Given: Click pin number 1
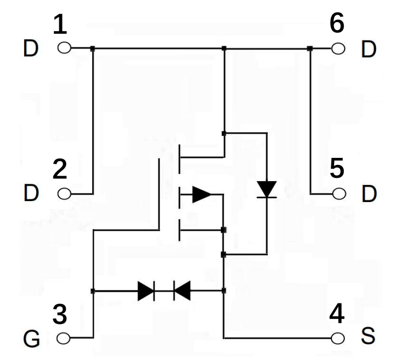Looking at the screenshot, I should tap(60, 25).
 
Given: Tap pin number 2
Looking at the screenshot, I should tap(60, 170).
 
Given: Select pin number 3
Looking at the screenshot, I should tap(60, 315).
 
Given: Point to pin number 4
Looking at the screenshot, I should tap(337, 314).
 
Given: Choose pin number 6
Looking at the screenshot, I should tap(337, 24).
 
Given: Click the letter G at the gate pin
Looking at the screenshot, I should tap(32, 340).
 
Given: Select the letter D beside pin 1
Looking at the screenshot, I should tap(31, 50).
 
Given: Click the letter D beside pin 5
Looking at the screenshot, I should tap(369, 194).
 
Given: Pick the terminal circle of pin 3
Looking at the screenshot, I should tap(64, 338).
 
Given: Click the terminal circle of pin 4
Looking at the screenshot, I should tap(338, 338).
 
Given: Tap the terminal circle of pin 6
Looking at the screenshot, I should tap(338, 49).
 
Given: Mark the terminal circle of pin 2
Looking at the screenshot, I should tap(64, 193).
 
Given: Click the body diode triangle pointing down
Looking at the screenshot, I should tap(267, 189).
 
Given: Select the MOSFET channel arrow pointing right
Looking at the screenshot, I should tap(201, 194).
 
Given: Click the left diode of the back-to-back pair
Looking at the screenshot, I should tap(146, 291).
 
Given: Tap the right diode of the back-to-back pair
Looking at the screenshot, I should tap(182, 291).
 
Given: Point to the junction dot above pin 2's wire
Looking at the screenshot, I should tap(93, 49).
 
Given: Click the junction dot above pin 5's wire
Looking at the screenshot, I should tap(310, 49).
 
